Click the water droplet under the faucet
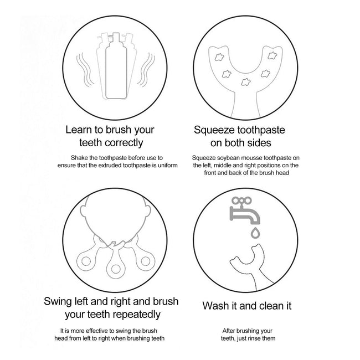255,233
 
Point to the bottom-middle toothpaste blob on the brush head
245,82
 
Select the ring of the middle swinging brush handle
116,269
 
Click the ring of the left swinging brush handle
86,261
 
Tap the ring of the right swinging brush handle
146,261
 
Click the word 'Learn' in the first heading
79,130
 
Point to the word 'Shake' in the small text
79,158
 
